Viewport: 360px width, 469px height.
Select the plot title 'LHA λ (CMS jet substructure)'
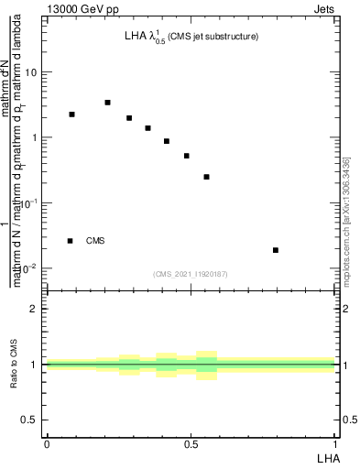pos(191,38)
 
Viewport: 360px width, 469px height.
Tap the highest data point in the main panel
pos(107,103)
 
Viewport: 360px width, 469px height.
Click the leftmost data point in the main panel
pos(71,115)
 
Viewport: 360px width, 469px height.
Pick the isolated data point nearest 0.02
pos(276,250)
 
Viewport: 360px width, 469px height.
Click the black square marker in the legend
pos(70,241)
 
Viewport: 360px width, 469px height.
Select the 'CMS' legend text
pos(95,241)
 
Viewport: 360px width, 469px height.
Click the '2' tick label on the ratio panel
pos(37,309)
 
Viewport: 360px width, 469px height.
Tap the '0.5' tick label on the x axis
pos(191,444)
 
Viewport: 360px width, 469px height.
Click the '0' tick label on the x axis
pos(46,444)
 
